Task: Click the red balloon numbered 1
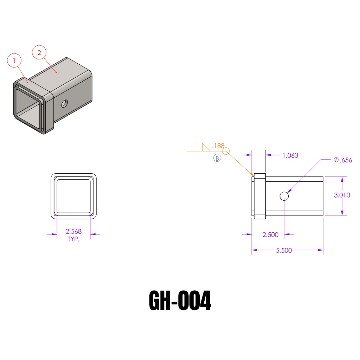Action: point(14,61)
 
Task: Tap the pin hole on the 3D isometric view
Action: point(65,103)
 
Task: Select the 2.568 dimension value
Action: point(73,231)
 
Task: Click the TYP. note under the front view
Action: point(73,239)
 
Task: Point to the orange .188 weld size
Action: point(218,146)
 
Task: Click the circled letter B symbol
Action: point(217,158)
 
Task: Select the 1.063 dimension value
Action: point(290,155)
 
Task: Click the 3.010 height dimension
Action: point(342,195)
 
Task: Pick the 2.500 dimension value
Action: point(270,235)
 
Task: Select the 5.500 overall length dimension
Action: point(284,250)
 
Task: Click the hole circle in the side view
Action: point(284,196)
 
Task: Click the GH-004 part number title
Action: point(180,301)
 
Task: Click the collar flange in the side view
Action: point(259,196)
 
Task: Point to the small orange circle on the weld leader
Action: point(226,151)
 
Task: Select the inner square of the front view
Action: point(73,196)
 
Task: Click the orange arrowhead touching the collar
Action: point(251,174)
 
